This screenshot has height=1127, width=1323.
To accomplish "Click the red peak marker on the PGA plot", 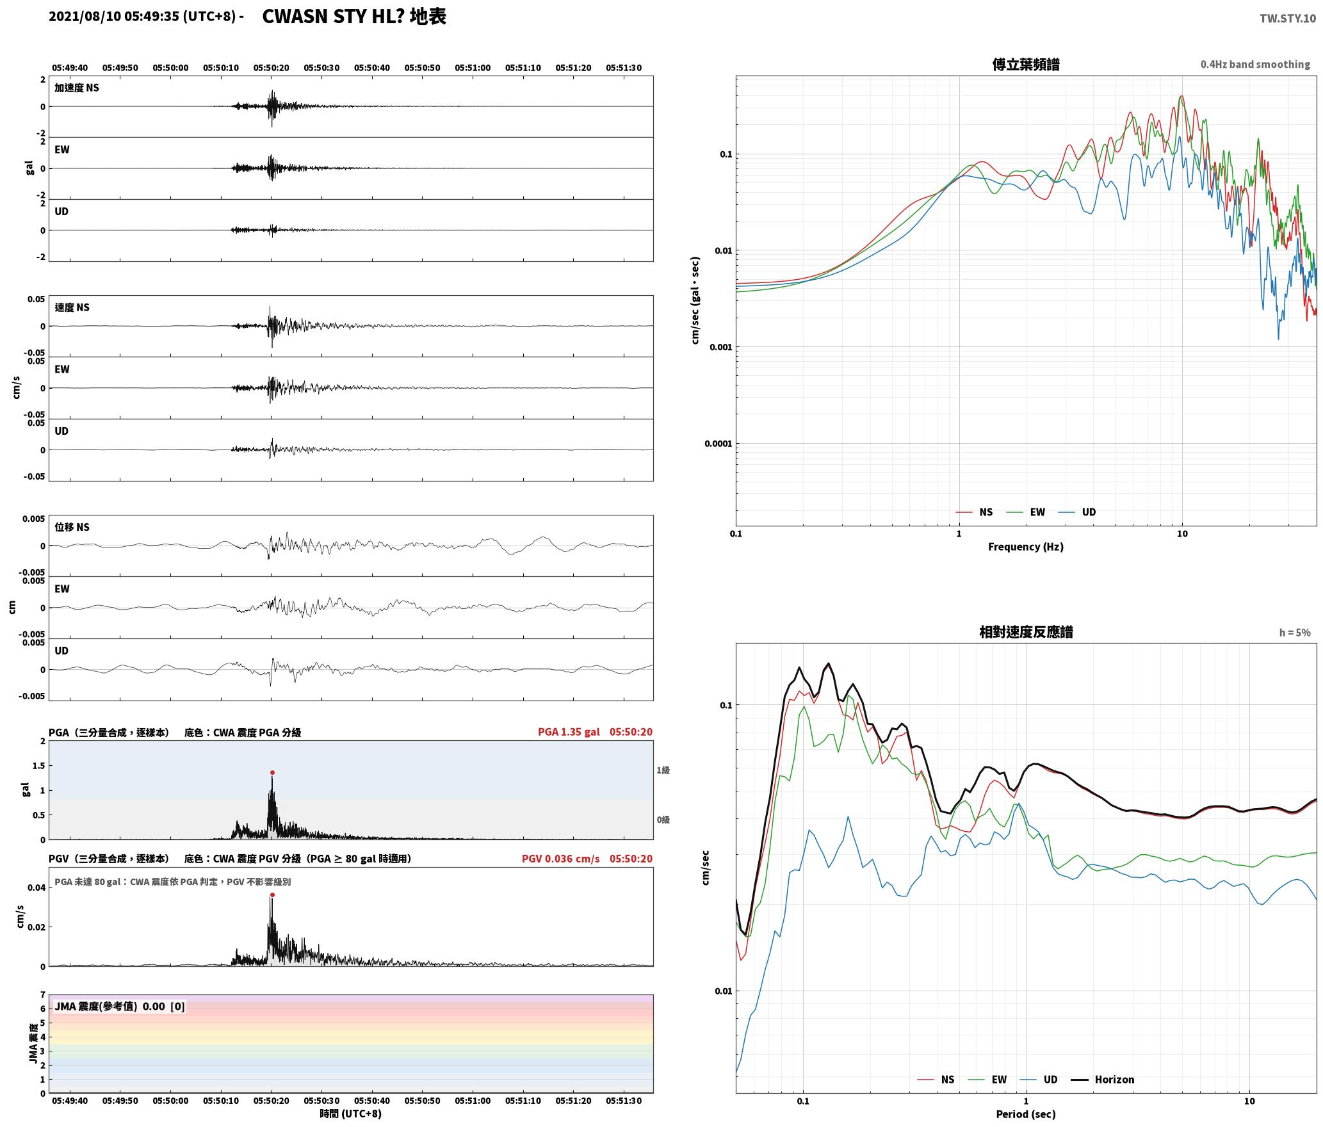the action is click(272, 773).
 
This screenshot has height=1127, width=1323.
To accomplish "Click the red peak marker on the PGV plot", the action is click(272, 895).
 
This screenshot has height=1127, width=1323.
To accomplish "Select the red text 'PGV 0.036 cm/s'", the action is click(561, 859).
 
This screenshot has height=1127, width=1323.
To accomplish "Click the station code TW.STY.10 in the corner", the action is click(1288, 19).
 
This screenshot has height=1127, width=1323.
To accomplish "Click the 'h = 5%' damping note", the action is click(1295, 633).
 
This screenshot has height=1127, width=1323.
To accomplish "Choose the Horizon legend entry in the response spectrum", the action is click(1103, 1080).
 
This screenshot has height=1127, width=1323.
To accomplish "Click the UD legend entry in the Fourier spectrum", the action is click(1077, 512).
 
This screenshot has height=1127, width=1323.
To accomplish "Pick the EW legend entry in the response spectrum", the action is click(989, 1080).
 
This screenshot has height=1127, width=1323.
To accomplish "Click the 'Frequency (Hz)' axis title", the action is click(1026, 547).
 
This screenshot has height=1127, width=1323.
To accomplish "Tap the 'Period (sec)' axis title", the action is click(1026, 1115).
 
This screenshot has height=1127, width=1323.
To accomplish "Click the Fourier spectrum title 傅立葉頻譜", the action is click(1026, 65).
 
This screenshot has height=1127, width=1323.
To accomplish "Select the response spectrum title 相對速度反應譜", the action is click(1026, 632).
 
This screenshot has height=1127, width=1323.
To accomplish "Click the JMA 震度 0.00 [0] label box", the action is click(120, 1007).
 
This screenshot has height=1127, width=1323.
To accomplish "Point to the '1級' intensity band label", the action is click(663, 770).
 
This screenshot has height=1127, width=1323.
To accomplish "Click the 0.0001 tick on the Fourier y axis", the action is click(718, 444).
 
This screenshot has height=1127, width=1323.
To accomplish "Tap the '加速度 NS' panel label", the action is click(77, 88).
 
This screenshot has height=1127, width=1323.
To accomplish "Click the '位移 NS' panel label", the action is click(72, 527).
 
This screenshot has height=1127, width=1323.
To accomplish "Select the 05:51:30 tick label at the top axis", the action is click(624, 68).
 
